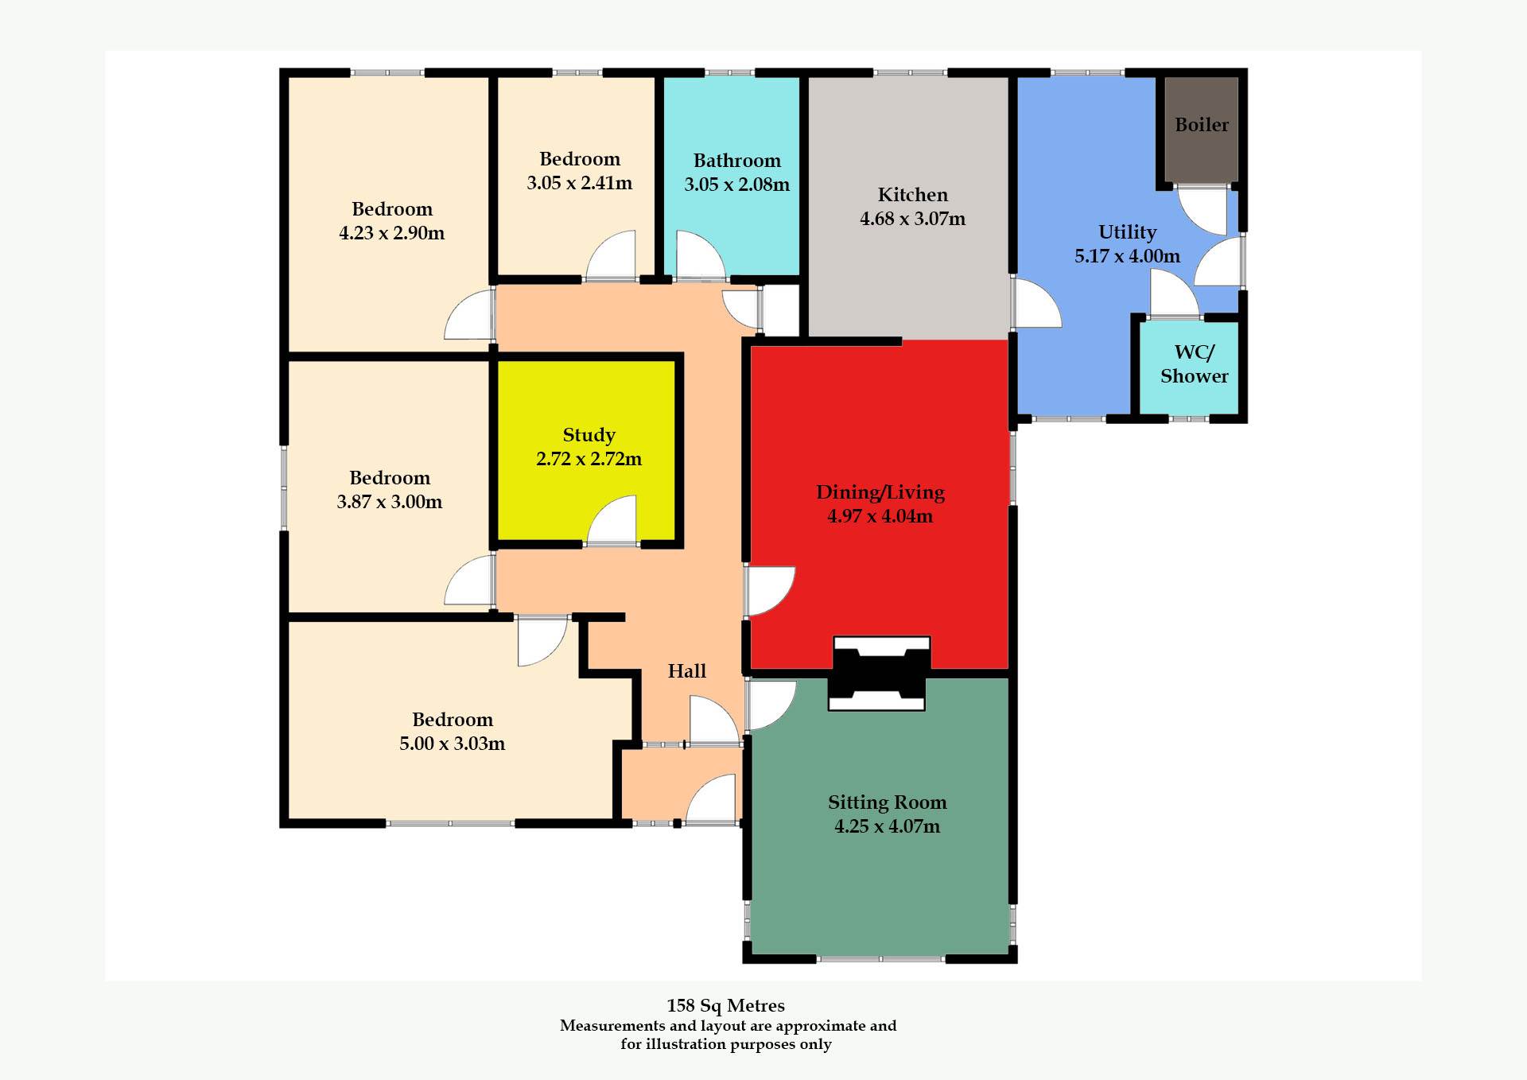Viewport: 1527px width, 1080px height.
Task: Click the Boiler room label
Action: [1202, 125]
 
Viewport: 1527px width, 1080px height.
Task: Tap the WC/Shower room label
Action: [1194, 364]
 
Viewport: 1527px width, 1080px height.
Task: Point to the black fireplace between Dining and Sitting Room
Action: [879, 673]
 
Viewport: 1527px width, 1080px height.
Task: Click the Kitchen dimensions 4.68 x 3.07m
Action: [912, 219]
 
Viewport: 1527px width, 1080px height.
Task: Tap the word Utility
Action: [1127, 232]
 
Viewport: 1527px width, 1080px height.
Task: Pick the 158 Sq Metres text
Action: [725, 1005]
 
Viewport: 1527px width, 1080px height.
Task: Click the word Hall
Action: [686, 671]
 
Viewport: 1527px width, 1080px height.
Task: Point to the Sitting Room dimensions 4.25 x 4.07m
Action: [887, 826]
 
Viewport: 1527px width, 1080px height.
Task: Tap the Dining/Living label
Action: [880, 492]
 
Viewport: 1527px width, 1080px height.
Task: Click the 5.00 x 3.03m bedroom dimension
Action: [452, 744]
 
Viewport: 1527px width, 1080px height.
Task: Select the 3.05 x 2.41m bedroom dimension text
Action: [579, 183]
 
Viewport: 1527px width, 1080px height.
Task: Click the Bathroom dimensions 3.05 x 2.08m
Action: [736, 185]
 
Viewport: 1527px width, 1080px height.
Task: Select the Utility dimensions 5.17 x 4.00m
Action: [1127, 256]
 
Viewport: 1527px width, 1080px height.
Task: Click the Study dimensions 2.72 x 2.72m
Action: [589, 459]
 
